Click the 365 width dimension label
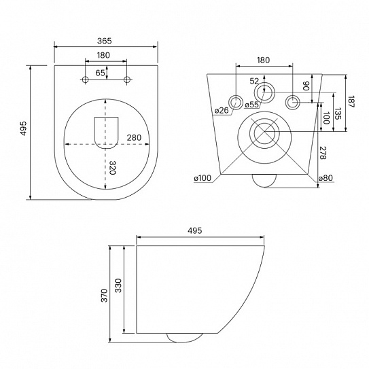point(104,41)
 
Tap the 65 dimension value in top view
point(100,73)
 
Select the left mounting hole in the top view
point(85,80)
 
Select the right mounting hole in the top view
point(127,80)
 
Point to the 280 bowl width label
point(134,138)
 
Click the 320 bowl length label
point(113,168)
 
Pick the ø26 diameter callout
point(222,110)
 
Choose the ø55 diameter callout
point(251,105)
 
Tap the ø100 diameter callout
point(203,178)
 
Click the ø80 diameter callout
point(326,178)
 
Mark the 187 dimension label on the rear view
point(351,101)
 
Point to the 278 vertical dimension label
point(323,153)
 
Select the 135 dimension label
point(338,113)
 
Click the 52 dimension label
point(254,81)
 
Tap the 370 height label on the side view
point(104,296)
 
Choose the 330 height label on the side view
point(118,285)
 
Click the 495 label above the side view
point(195,230)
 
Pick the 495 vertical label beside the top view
point(24,128)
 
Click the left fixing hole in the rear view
point(235,103)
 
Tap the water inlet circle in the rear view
point(264,92)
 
